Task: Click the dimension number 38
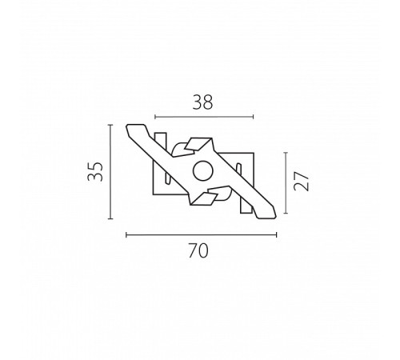tap(202, 102)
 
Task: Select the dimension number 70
tap(198, 250)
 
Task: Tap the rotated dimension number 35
tap(95, 172)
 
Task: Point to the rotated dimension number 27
tap(301, 182)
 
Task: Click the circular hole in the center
tap(203, 171)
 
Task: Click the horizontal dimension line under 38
tap(204, 117)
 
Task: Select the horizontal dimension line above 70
tap(202, 235)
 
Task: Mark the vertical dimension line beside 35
tap(110, 172)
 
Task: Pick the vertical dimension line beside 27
tap(286, 183)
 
